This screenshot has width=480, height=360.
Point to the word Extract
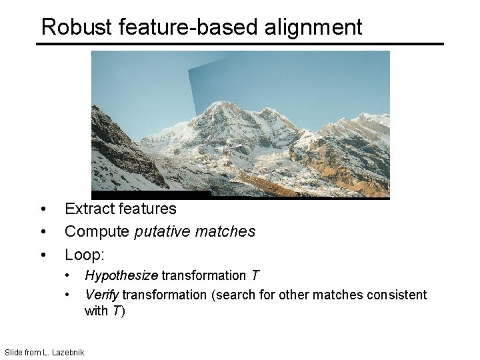click(x=88, y=209)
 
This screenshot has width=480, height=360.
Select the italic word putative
click(x=163, y=232)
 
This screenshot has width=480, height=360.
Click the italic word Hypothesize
click(x=121, y=276)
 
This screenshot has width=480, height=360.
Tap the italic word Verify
click(x=102, y=295)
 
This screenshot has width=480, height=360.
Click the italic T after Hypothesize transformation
click(x=255, y=276)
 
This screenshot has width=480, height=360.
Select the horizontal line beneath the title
click(x=239, y=44)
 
